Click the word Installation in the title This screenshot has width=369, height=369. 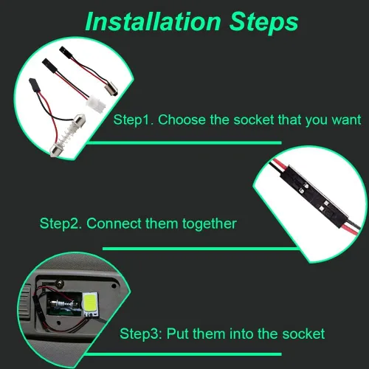[x=153, y=21]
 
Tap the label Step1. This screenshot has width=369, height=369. [x=134, y=120]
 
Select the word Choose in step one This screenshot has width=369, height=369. [x=182, y=120]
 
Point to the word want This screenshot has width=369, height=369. [x=346, y=120]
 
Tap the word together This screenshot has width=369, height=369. [x=210, y=224]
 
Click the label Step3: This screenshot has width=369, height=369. [x=141, y=334]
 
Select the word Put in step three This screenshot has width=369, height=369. [x=177, y=334]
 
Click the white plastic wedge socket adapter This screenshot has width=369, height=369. [x=96, y=104]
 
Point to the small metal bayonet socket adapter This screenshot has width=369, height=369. [x=111, y=89]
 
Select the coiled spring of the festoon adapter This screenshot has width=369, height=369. [x=66, y=135]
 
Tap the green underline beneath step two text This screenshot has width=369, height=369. [x=200, y=249]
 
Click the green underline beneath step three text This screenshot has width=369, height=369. [x=183, y=354]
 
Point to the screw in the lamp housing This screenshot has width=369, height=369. [x=60, y=283]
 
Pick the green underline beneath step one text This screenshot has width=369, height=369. [x=185, y=142]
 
